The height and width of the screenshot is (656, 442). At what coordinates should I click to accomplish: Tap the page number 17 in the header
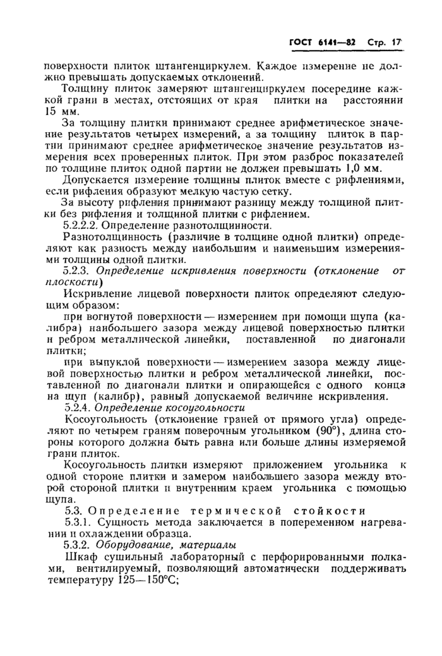tap(396, 42)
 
